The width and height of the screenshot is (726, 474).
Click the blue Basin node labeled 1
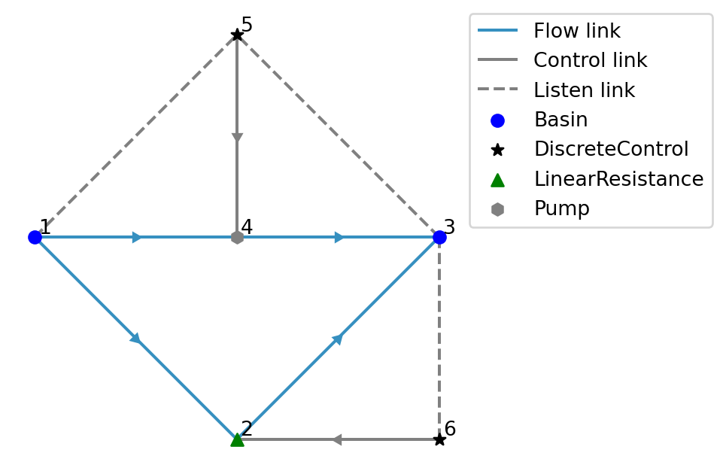click(x=35, y=237)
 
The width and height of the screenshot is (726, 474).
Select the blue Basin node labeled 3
click(x=439, y=237)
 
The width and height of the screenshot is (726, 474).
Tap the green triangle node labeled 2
click(x=237, y=439)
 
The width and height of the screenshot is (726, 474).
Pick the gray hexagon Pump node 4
click(x=237, y=237)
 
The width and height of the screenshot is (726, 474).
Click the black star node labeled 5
click(x=237, y=35)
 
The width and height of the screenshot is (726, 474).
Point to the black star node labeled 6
click(x=439, y=439)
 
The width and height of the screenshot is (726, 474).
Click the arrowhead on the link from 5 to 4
click(x=237, y=138)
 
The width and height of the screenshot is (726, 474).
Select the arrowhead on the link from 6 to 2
click(x=336, y=439)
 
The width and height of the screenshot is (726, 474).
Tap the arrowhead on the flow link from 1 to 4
click(x=137, y=237)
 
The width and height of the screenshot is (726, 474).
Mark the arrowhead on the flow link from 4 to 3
click(x=339, y=237)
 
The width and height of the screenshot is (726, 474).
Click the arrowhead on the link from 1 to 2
click(x=135, y=338)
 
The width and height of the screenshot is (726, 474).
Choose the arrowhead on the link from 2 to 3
click(x=338, y=339)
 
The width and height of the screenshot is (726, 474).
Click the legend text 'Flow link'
click(x=576, y=32)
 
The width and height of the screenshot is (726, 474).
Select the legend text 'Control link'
click(x=590, y=61)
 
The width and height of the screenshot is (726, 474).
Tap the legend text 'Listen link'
click(x=584, y=91)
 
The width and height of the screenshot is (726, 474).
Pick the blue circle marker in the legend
click(x=497, y=120)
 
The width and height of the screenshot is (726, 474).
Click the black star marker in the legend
click(x=497, y=150)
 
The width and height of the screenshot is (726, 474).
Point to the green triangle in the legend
click(x=497, y=179)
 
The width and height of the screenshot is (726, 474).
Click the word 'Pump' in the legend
click(x=561, y=209)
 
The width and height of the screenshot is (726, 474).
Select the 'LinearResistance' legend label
click(x=618, y=179)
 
